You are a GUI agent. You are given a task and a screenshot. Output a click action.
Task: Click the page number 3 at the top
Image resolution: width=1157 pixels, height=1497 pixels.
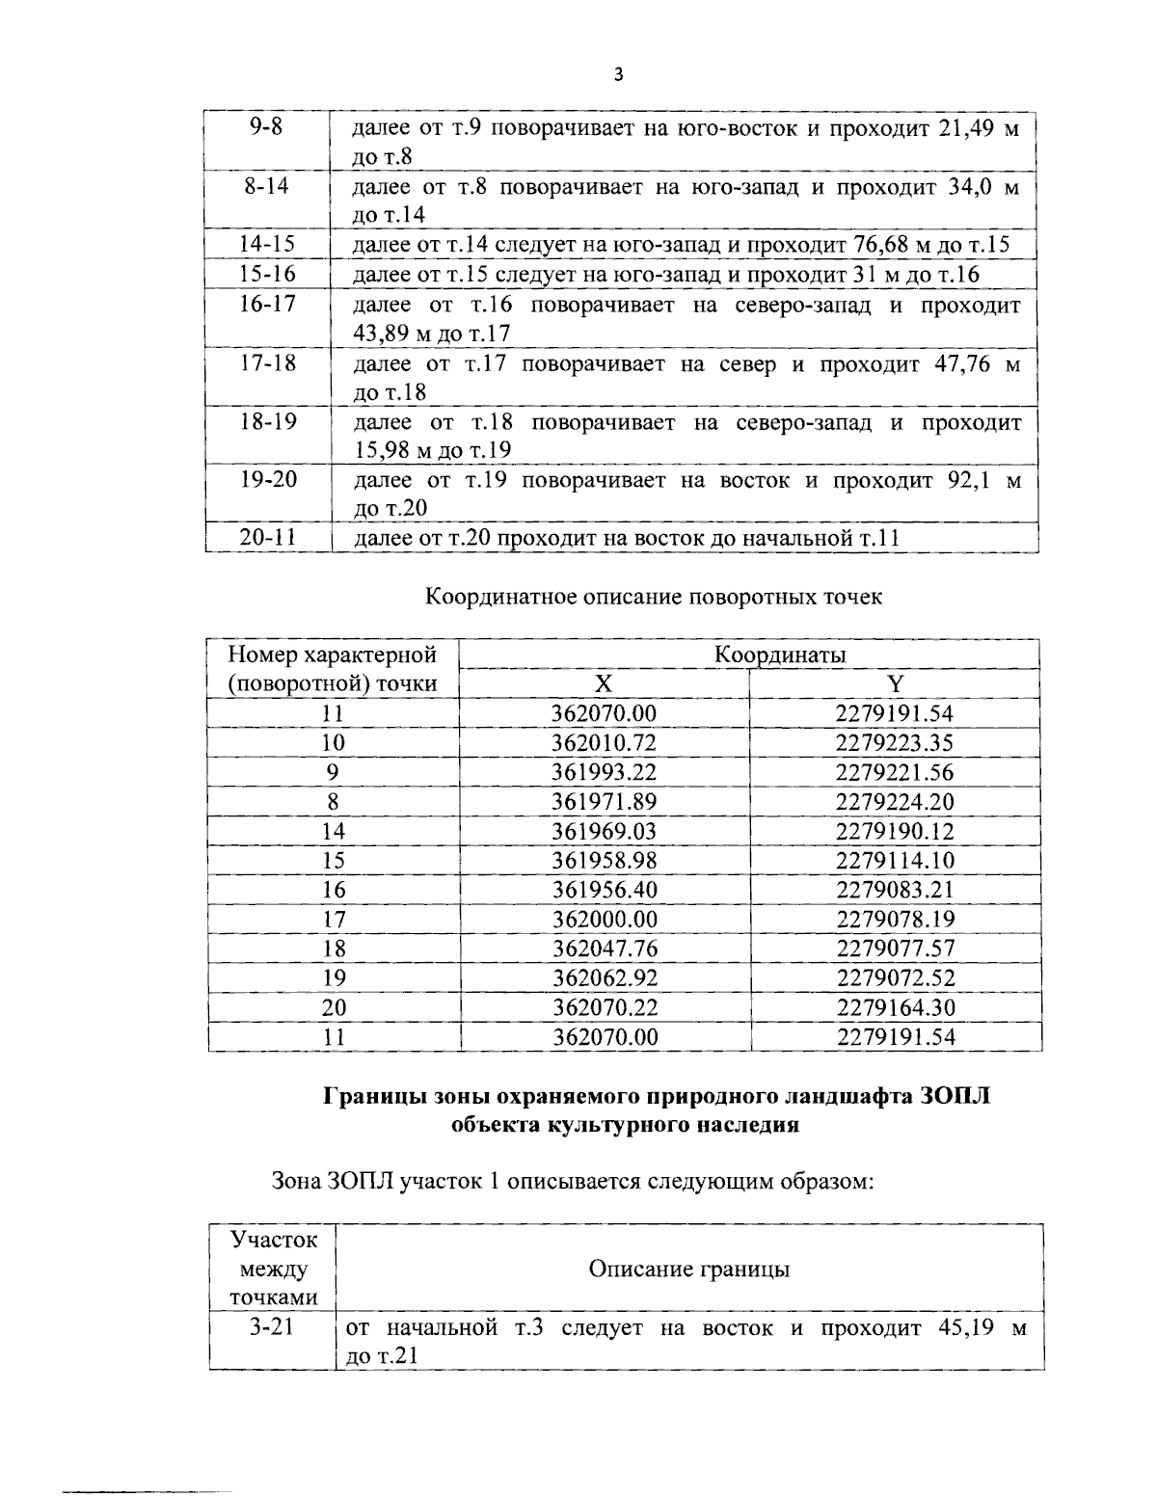point(618,76)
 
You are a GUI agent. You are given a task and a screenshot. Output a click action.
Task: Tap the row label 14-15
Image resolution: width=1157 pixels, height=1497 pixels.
point(267,245)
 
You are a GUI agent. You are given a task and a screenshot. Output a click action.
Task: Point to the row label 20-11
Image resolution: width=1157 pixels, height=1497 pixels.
point(267,538)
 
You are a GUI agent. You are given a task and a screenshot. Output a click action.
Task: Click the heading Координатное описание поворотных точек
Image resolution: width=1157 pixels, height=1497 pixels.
point(654,597)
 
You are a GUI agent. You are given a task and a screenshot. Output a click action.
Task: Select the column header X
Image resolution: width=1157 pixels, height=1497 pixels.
point(603,684)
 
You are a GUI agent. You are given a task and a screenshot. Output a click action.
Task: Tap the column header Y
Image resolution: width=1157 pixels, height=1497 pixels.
point(895,684)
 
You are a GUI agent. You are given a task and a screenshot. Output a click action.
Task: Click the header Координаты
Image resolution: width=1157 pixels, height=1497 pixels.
point(780,655)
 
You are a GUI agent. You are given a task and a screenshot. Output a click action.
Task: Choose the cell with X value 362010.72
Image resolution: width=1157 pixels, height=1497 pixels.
point(604,743)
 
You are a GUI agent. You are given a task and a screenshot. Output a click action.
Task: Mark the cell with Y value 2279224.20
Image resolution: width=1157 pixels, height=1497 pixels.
point(895,802)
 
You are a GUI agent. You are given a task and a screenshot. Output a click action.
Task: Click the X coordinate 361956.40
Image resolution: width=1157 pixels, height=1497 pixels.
point(604,890)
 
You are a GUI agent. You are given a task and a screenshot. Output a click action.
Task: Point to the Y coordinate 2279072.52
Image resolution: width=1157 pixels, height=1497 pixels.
point(895,978)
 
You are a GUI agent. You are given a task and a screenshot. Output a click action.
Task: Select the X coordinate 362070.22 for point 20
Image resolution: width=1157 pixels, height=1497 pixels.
point(604,1007)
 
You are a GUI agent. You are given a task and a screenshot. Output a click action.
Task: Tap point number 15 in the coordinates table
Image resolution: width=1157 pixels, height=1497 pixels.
point(334,861)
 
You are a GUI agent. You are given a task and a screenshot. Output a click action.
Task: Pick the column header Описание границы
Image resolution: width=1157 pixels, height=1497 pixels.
point(688,1269)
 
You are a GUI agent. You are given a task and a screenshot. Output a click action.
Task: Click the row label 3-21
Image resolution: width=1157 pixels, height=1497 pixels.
point(271,1328)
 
